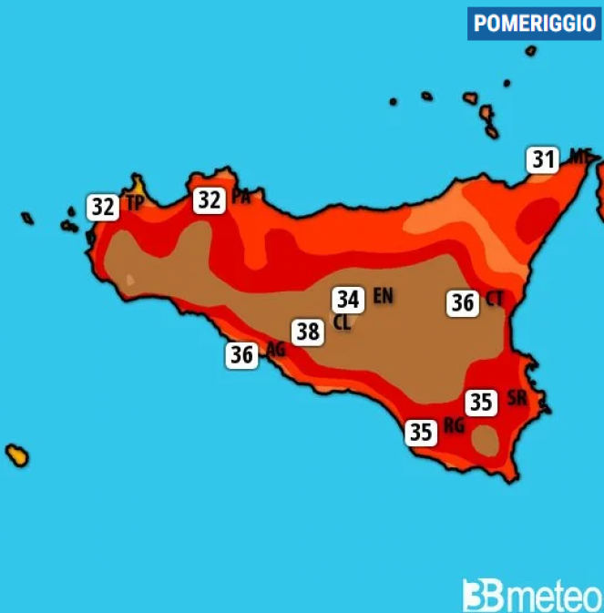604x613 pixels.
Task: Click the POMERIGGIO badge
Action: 534,24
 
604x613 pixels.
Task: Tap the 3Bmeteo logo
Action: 532,594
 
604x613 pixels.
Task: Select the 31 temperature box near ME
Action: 544,160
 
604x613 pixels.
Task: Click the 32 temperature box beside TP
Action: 104,208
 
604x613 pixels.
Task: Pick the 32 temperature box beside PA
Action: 210,199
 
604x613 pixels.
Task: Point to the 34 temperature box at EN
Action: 347,299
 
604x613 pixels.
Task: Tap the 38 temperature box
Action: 308,332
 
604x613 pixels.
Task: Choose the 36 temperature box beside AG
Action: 241,355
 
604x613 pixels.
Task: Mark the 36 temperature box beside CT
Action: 463,302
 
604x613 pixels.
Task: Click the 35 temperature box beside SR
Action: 481,402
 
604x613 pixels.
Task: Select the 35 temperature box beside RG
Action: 421,433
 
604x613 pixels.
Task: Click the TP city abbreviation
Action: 135,204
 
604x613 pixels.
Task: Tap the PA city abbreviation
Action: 241,197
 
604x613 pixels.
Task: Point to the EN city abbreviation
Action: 383,296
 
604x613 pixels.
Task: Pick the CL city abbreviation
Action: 343,322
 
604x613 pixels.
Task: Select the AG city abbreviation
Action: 275,349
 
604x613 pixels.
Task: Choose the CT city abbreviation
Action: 495,299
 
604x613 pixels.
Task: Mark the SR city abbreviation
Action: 517,398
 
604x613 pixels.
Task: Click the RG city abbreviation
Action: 454,426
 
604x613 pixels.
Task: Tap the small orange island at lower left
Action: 16,455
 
